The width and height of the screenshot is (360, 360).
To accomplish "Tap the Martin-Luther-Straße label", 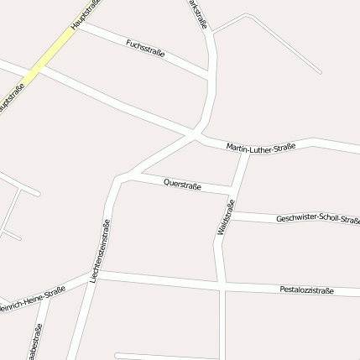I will [x=260, y=148].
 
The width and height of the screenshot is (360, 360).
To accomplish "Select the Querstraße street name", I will [x=182, y=182].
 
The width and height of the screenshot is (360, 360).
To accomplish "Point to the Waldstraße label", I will [x=226, y=217].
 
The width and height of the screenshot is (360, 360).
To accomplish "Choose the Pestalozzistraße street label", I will [x=306, y=290].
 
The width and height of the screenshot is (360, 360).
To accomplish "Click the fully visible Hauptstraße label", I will [x=85, y=14].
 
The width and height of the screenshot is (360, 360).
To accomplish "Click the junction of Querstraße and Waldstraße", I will [x=231, y=187].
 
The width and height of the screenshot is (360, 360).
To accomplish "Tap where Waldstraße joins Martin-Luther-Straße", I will [x=244, y=151].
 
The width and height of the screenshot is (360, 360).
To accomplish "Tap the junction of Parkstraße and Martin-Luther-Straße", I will [x=197, y=135].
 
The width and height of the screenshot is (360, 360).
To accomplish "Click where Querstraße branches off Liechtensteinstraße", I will [x=126, y=175].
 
